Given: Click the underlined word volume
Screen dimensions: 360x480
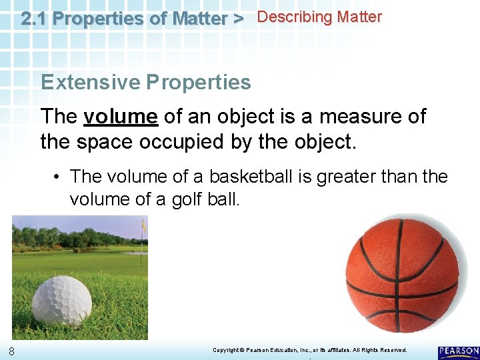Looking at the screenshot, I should pyautogui.click(x=121, y=117).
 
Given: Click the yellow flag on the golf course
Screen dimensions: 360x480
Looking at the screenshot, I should pyautogui.click(x=143, y=226).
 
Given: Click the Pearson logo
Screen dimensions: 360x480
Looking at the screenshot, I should pyautogui.click(x=459, y=352).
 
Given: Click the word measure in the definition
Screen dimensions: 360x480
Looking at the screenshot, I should pyautogui.click(x=357, y=117).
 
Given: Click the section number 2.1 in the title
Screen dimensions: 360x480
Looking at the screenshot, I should pyautogui.click(x=33, y=19).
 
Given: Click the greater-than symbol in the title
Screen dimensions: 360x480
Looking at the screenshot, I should pyautogui.click(x=237, y=19).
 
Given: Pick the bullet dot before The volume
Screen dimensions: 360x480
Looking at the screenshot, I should pyautogui.click(x=58, y=177).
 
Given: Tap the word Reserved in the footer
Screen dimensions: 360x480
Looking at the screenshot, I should pyautogui.click(x=392, y=350).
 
